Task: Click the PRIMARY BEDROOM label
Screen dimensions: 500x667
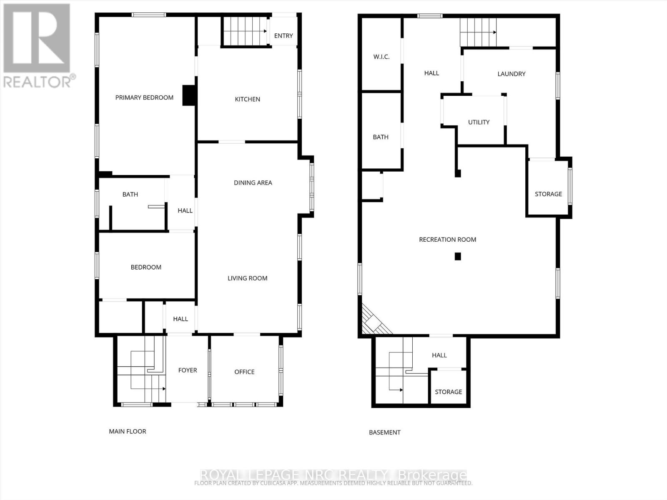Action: (144, 97)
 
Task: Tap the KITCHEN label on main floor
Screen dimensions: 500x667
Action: (248, 99)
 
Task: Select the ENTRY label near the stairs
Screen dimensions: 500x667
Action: (283, 36)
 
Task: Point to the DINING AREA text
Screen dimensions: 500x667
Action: (253, 182)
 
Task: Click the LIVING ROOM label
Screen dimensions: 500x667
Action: (247, 278)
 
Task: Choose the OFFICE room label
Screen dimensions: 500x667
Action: (244, 372)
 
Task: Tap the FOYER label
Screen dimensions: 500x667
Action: (188, 370)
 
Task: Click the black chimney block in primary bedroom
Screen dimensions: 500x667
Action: (189, 95)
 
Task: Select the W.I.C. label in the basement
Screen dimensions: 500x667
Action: (381, 57)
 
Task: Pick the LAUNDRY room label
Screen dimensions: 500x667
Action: (511, 74)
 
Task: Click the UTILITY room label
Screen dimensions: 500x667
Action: (479, 122)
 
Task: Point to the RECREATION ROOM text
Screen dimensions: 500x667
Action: (447, 240)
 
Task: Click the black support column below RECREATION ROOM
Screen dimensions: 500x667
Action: (458, 257)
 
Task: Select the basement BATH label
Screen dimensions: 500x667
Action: (381, 137)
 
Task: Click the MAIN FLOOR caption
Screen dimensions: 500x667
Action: (128, 431)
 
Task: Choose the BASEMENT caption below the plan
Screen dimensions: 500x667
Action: (384, 432)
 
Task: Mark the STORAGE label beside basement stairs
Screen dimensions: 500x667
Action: (448, 392)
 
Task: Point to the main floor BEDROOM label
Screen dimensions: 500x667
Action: (146, 267)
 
